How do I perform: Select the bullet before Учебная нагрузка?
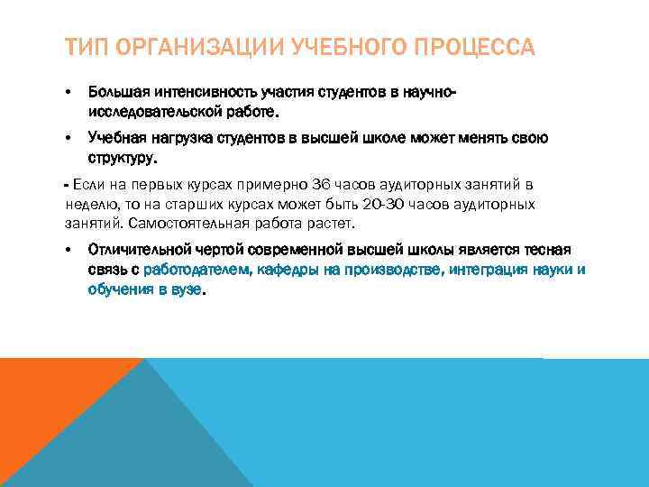coord(69,138)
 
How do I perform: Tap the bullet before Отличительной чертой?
coord(69,250)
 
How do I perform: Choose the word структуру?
coord(122,159)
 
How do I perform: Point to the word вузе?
coord(187,291)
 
